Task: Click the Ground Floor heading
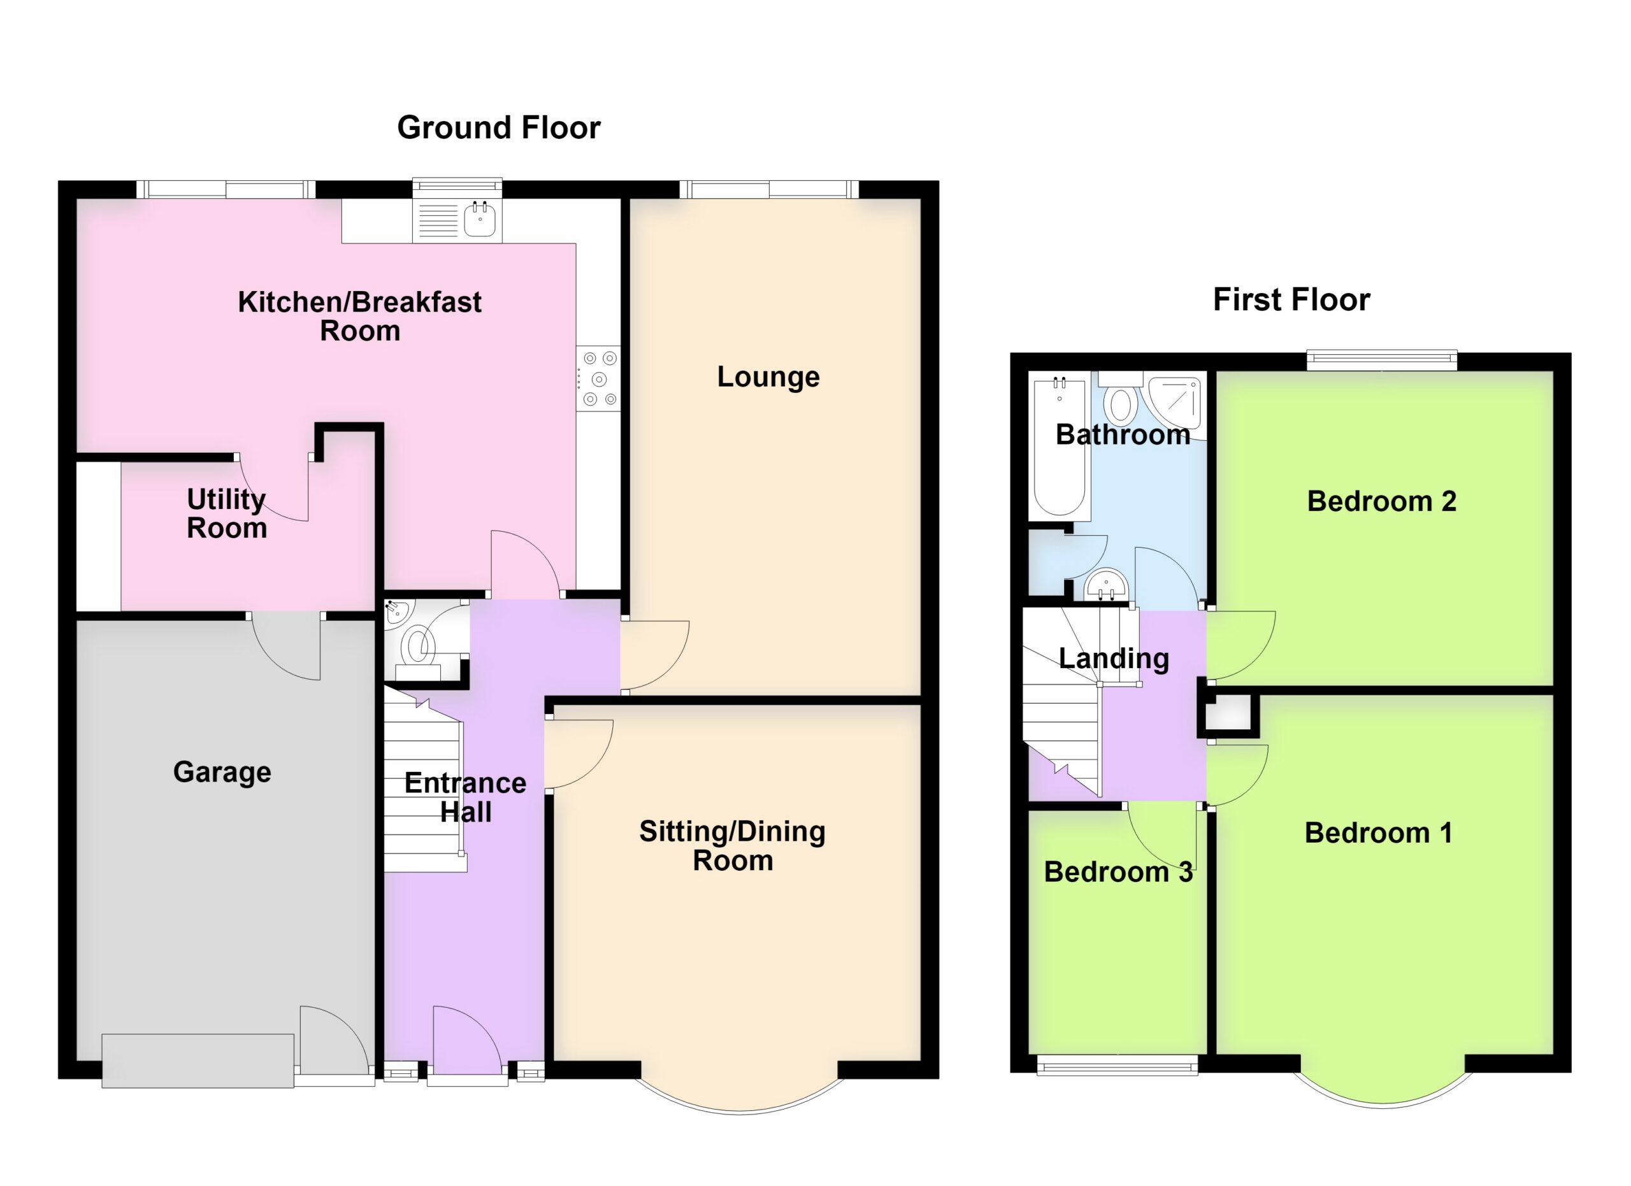tap(498, 128)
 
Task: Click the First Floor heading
tap(1291, 300)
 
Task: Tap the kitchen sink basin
tap(480, 219)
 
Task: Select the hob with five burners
tap(598, 379)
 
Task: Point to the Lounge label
tap(768, 376)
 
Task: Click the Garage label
tap(222, 772)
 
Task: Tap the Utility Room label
tap(227, 513)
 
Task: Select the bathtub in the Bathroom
tap(1060, 447)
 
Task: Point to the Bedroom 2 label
tap(1381, 501)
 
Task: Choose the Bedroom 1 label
tap(1379, 833)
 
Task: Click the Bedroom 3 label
tap(1118, 872)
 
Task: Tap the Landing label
tap(1114, 659)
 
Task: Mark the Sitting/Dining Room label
tap(732, 845)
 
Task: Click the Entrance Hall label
tap(465, 797)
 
